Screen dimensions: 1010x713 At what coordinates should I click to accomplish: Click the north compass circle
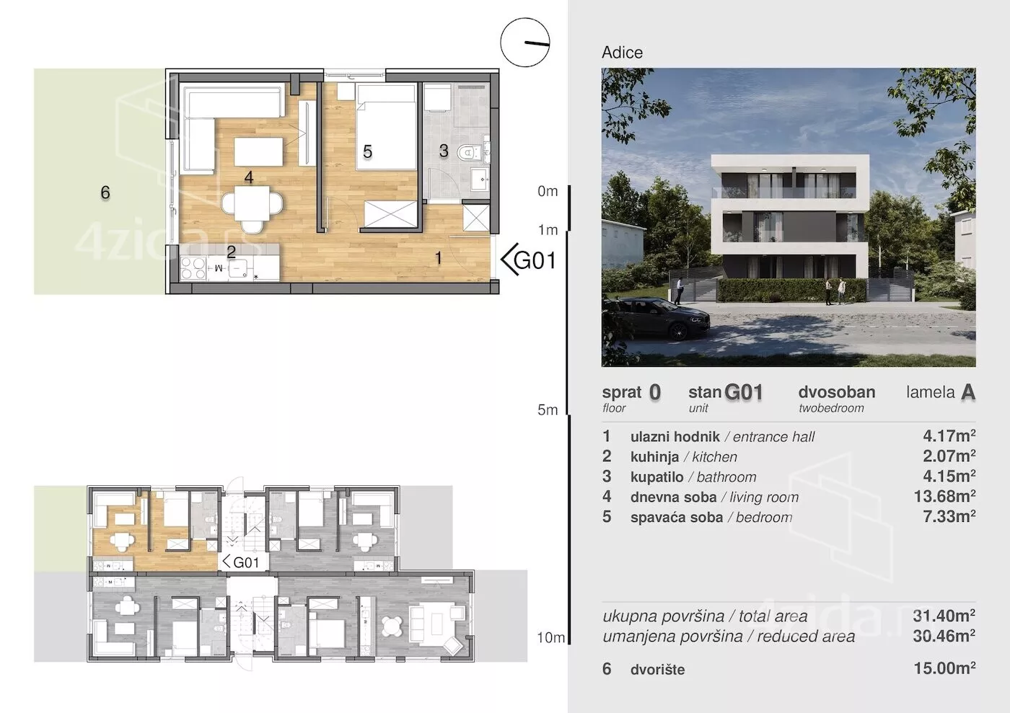(525, 43)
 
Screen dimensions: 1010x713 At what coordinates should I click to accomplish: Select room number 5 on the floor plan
(367, 152)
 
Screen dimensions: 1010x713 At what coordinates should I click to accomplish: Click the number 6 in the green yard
(105, 192)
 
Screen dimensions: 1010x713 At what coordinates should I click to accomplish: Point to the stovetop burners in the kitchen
(193, 267)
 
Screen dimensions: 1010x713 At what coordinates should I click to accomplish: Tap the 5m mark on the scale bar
(548, 409)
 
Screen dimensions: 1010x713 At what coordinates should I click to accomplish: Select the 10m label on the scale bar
(550, 638)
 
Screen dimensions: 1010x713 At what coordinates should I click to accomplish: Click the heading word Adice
(622, 53)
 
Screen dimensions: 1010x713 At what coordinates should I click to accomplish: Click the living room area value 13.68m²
(944, 496)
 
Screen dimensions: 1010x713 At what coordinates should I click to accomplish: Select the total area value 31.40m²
(944, 615)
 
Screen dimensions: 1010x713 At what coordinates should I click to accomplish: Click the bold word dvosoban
(837, 392)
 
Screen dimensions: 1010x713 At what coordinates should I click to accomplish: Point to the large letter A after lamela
(968, 392)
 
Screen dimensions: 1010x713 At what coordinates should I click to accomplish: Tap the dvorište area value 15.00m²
(944, 668)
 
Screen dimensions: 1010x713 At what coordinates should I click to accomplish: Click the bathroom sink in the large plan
(480, 180)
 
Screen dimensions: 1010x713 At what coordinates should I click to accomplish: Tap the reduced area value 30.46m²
(944, 635)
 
